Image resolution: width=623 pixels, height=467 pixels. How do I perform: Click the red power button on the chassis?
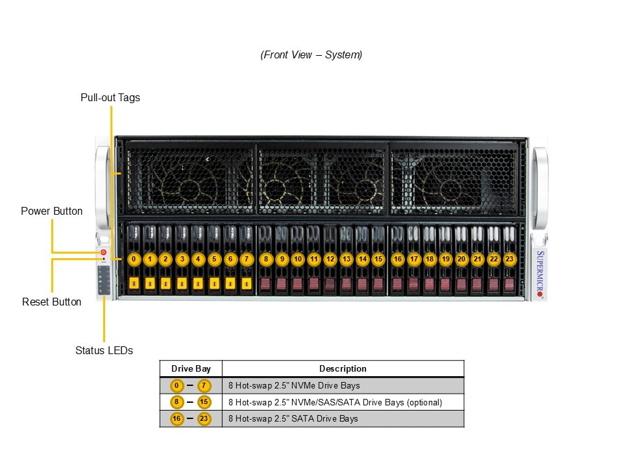coord(103,252)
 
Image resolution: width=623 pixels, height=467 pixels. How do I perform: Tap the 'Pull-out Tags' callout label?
coord(110,98)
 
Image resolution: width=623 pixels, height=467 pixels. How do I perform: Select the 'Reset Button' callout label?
coord(52,302)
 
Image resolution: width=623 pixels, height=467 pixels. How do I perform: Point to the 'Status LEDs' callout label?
coord(104,350)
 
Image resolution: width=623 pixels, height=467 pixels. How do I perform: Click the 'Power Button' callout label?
coord(52,211)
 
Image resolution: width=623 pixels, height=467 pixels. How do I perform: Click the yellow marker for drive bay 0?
coord(134,259)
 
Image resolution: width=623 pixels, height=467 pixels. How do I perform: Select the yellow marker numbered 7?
coord(246,259)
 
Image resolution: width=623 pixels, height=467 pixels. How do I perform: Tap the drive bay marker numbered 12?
coord(330,259)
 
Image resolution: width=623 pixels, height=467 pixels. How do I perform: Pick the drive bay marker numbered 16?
coord(397,259)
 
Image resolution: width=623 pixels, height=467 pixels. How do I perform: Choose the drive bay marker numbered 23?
coord(509,259)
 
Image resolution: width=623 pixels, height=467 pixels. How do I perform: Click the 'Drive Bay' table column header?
coord(191,368)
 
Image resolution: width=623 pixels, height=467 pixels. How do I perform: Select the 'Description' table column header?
coord(343,368)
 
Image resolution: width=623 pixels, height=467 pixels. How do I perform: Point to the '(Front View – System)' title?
coord(311,55)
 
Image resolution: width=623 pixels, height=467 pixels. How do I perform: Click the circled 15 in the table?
coord(204,402)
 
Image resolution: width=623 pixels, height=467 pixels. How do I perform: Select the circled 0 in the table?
coord(177,385)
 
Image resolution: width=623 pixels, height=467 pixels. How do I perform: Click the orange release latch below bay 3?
coord(182,283)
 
